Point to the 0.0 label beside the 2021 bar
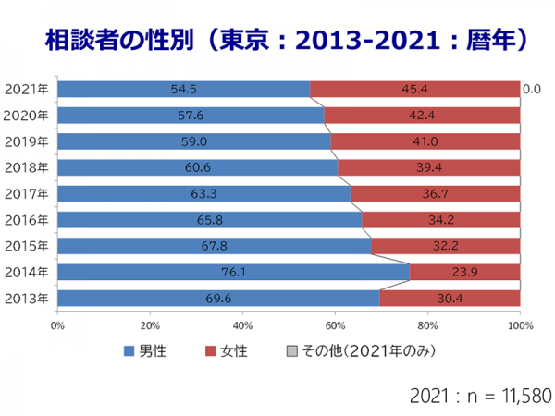point(531,90)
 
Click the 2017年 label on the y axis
point(29,194)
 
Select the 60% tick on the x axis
point(335,324)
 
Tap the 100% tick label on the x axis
point(520,324)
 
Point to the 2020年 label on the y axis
point(29,116)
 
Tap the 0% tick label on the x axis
point(57,324)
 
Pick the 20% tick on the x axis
point(150,324)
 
